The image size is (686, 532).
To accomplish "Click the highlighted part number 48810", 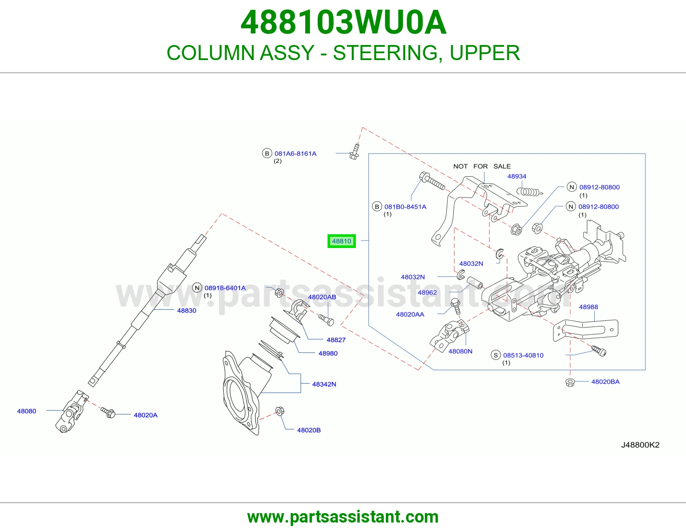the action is point(342,242).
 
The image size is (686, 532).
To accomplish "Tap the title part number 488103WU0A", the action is point(343,22).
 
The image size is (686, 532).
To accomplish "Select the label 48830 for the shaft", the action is point(187,311).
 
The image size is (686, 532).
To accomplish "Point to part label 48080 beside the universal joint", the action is point(27,411).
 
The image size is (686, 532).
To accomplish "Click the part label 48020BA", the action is point(605,382).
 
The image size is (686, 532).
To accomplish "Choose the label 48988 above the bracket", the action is point(588,307).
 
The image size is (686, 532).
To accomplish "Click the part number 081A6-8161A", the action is point(295,154).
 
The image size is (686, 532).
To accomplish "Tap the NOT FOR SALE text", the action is point(482,166).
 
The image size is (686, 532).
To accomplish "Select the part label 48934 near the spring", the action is point(517,176).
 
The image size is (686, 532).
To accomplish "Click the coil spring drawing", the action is point(530,192).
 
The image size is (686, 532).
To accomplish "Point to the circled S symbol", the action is point(496,355).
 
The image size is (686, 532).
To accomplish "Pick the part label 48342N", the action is point(324,384).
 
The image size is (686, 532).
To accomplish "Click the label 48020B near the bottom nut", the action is point(309,430).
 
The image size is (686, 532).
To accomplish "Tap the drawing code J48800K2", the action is point(640,445).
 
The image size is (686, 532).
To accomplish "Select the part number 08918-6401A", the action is point(225,288).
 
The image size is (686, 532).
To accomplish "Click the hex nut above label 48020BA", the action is point(570,383).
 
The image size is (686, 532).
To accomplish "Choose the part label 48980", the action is point(328,353).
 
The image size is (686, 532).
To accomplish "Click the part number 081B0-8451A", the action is point(405,207).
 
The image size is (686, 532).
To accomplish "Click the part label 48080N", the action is point(460,351).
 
